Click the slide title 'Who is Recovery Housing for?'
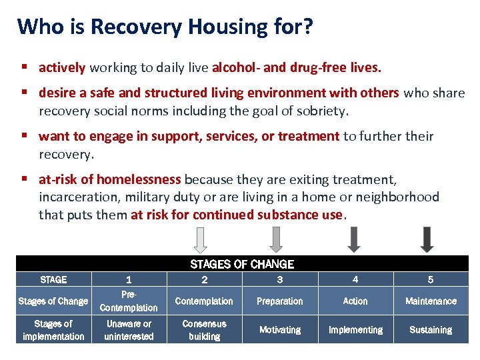[165, 27]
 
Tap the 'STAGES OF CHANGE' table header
[242, 264]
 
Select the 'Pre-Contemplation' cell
[129, 301]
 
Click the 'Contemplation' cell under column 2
[204, 301]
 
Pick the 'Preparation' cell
[279, 301]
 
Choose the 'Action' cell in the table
[355, 301]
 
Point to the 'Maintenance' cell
[431, 301]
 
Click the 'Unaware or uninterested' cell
[129, 330]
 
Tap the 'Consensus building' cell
[204, 330]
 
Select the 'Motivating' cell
[279, 330]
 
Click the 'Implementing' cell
[355, 330]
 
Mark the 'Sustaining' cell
[431, 330]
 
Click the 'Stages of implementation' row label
[53, 330]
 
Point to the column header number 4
[355, 280]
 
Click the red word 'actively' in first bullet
[62, 67]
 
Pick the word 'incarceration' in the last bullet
[76, 197]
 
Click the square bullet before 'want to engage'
[24, 137]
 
